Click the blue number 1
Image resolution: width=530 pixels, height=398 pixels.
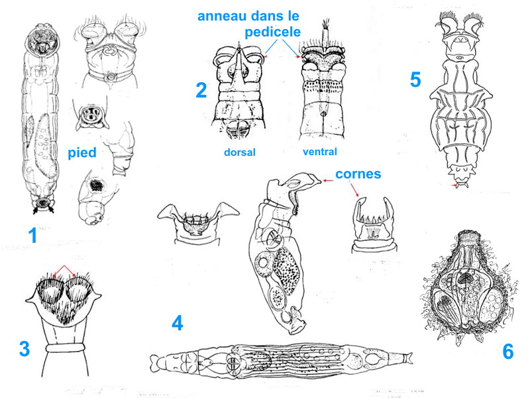click(32, 235)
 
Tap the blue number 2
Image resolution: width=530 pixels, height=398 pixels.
click(201, 90)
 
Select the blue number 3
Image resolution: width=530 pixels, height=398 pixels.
click(25, 349)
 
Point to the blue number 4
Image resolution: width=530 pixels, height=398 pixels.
click(178, 323)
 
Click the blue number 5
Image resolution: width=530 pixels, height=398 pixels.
click(415, 80)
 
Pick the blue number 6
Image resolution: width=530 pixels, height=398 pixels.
click(508, 352)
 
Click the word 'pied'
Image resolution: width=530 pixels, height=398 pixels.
click(82, 153)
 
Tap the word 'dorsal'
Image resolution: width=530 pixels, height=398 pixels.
click(240, 153)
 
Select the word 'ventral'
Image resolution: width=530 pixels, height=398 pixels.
click(320, 152)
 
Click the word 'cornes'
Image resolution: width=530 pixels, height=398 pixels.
click(358, 174)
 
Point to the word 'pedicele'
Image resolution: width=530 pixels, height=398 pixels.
click(273, 33)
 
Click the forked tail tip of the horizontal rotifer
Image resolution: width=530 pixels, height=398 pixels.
click(409, 357)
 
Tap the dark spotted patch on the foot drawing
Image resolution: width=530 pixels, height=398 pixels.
click(96, 186)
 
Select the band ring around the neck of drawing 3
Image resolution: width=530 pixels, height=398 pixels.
click(65, 348)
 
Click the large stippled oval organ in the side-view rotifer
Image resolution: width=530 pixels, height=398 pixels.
click(286, 270)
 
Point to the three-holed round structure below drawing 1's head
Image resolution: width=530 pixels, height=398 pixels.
click(90, 114)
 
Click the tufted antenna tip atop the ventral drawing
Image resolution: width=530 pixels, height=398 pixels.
click(326, 23)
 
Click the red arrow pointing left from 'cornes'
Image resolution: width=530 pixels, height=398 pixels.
click(327, 180)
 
